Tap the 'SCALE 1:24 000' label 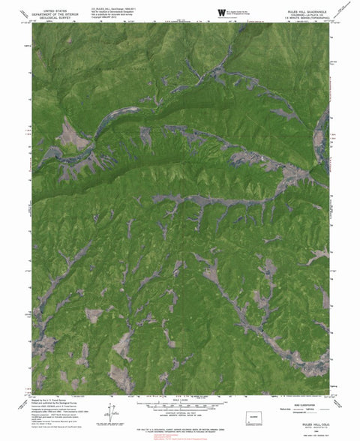click(x=179, y=397)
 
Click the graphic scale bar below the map click(x=179, y=403)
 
